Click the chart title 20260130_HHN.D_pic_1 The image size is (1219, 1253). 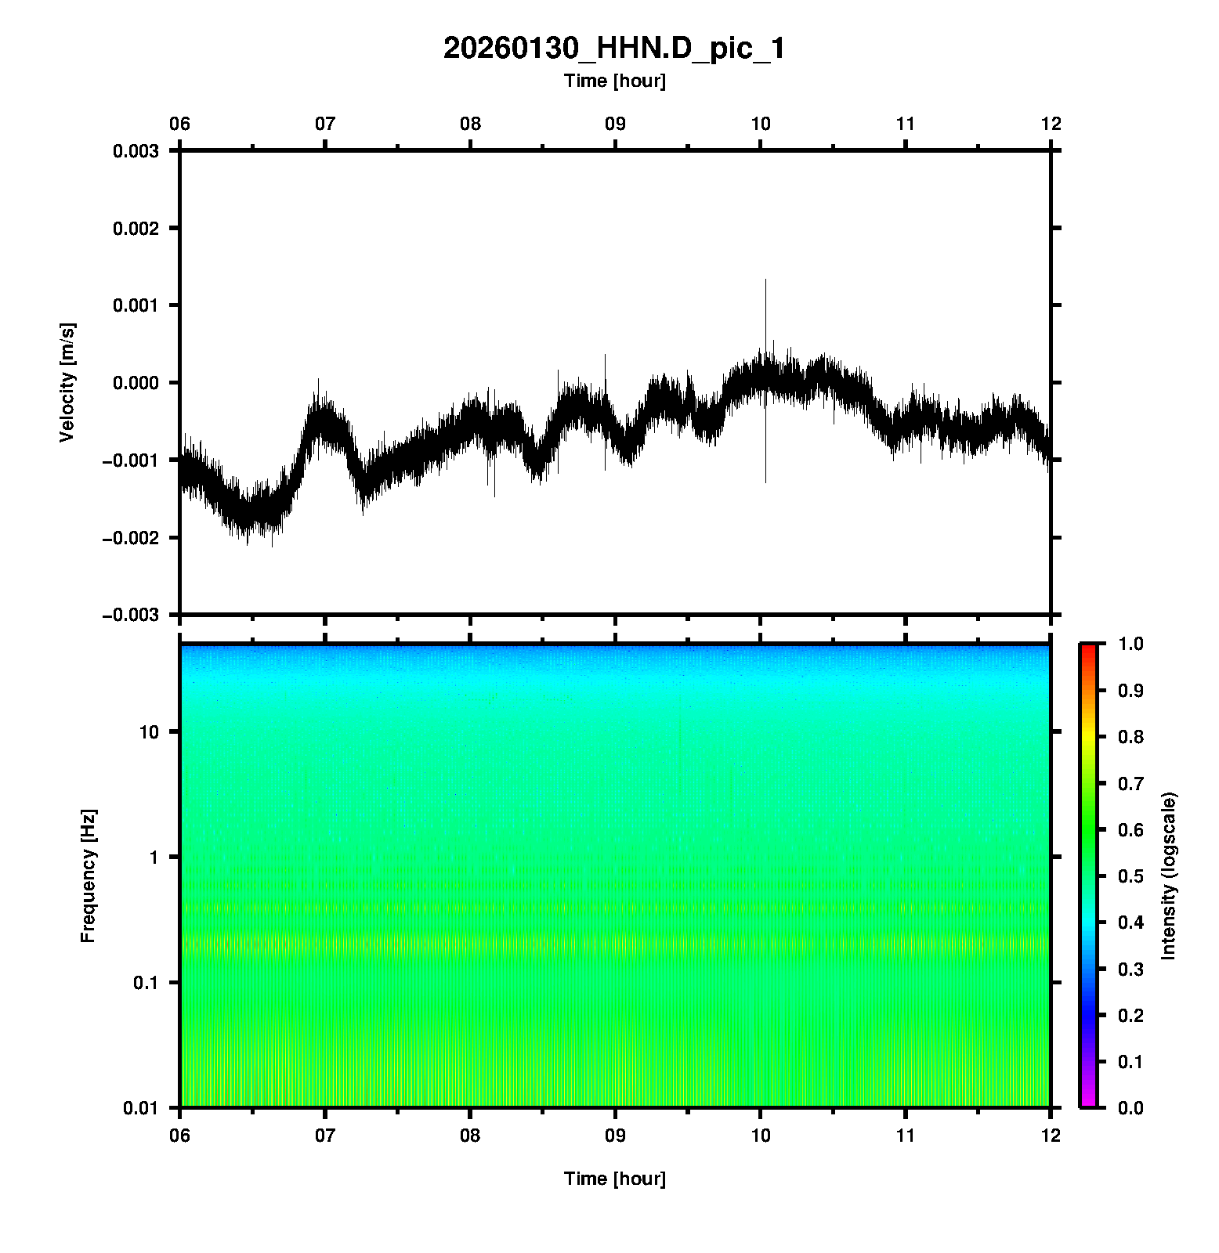tap(613, 49)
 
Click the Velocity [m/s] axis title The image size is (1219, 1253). tap(67, 382)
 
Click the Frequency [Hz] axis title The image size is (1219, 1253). tap(88, 876)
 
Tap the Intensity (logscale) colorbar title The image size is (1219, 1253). tap(1170, 876)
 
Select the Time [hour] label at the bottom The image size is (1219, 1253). tap(614, 1179)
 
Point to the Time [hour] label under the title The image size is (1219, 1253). tap(614, 81)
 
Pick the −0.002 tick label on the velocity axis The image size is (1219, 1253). tap(131, 538)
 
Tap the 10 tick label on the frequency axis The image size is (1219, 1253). tap(149, 732)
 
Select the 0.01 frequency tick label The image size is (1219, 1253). tap(141, 1108)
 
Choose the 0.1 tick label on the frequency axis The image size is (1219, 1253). tap(146, 983)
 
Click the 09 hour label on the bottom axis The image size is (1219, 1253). tap(615, 1136)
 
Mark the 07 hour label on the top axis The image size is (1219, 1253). tap(325, 124)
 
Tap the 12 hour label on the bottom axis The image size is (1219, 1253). tap(1051, 1136)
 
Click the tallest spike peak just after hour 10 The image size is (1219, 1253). tap(765, 280)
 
